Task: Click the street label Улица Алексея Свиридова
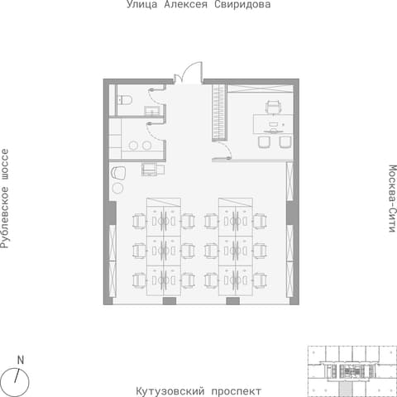tap(198, 4)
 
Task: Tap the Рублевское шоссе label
tap(5, 198)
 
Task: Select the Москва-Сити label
tap(392, 198)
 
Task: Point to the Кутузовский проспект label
tap(198, 391)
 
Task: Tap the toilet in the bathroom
tap(125, 100)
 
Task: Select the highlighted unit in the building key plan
tap(346, 388)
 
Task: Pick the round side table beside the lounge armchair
tap(117, 188)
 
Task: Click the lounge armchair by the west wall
tap(118, 173)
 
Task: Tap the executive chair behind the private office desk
tap(273, 108)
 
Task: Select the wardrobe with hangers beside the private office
tap(219, 112)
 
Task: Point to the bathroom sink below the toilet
tap(152, 111)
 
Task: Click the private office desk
tap(273, 124)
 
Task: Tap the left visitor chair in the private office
tap(264, 142)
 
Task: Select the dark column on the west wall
tap(112, 213)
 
